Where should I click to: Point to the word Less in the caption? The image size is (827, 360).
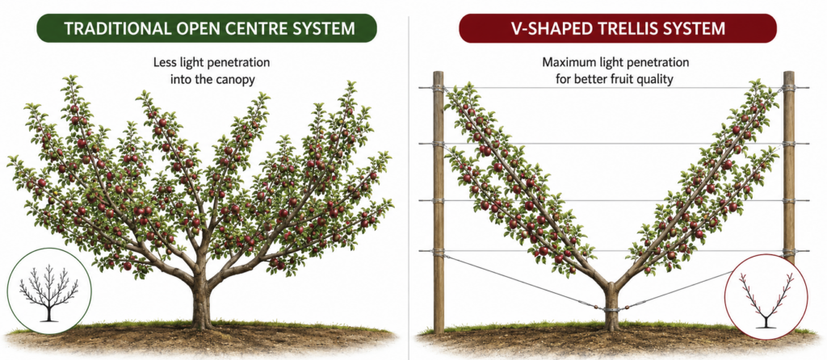coord(163,63)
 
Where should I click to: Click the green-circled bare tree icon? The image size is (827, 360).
coord(49,291)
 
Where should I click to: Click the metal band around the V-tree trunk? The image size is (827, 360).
coord(611,309)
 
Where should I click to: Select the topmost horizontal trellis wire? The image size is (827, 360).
coord(614,87)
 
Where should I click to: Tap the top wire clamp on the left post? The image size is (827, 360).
coord(439,88)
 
